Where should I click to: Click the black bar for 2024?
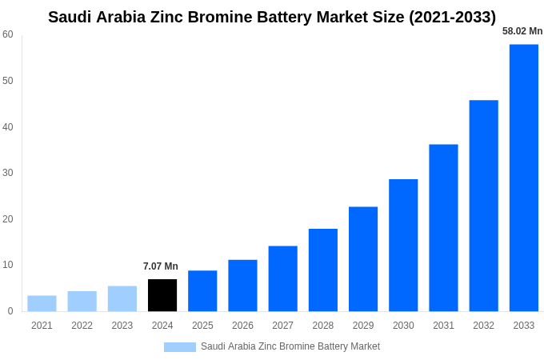pyautogui.click(x=162, y=295)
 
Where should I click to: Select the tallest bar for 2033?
pyautogui.click(x=524, y=178)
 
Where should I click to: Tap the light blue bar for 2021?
pyautogui.click(x=42, y=303)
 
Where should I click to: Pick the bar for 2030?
pyautogui.click(x=403, y=245)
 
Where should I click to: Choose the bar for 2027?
pyautogui.click(x=282, y=278)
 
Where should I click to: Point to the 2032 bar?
pyautogui.click(x=483, y=206)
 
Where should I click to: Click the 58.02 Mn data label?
pyautogui.click(x=522, y=31)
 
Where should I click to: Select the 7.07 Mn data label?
pyautogui.click(x=161, y=266)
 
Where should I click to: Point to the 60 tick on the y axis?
pyautogui.click(x=8, y=34)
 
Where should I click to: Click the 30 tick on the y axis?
pyautogui.click(x=8, y=173)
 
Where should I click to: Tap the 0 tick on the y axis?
pyautogui.click(x=10, y=311)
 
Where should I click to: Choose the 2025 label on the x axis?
pyautogui.click(x=202, y=326)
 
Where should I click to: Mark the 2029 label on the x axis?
pyautogui.click(x=363, y=326)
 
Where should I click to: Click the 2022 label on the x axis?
pyautogui.click(x=82, y=326)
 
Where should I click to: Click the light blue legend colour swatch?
pyautogui.click(x=180, y=347)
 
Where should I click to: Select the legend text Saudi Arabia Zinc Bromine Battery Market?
pyautogui.click(x=290, y=346)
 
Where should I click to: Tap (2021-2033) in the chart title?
pyautogui.click(x=452, y=17)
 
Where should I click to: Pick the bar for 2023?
pyautogui.click(x=122, y=298)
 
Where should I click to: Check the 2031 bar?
pyautogui.click(x=443, y=228)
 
